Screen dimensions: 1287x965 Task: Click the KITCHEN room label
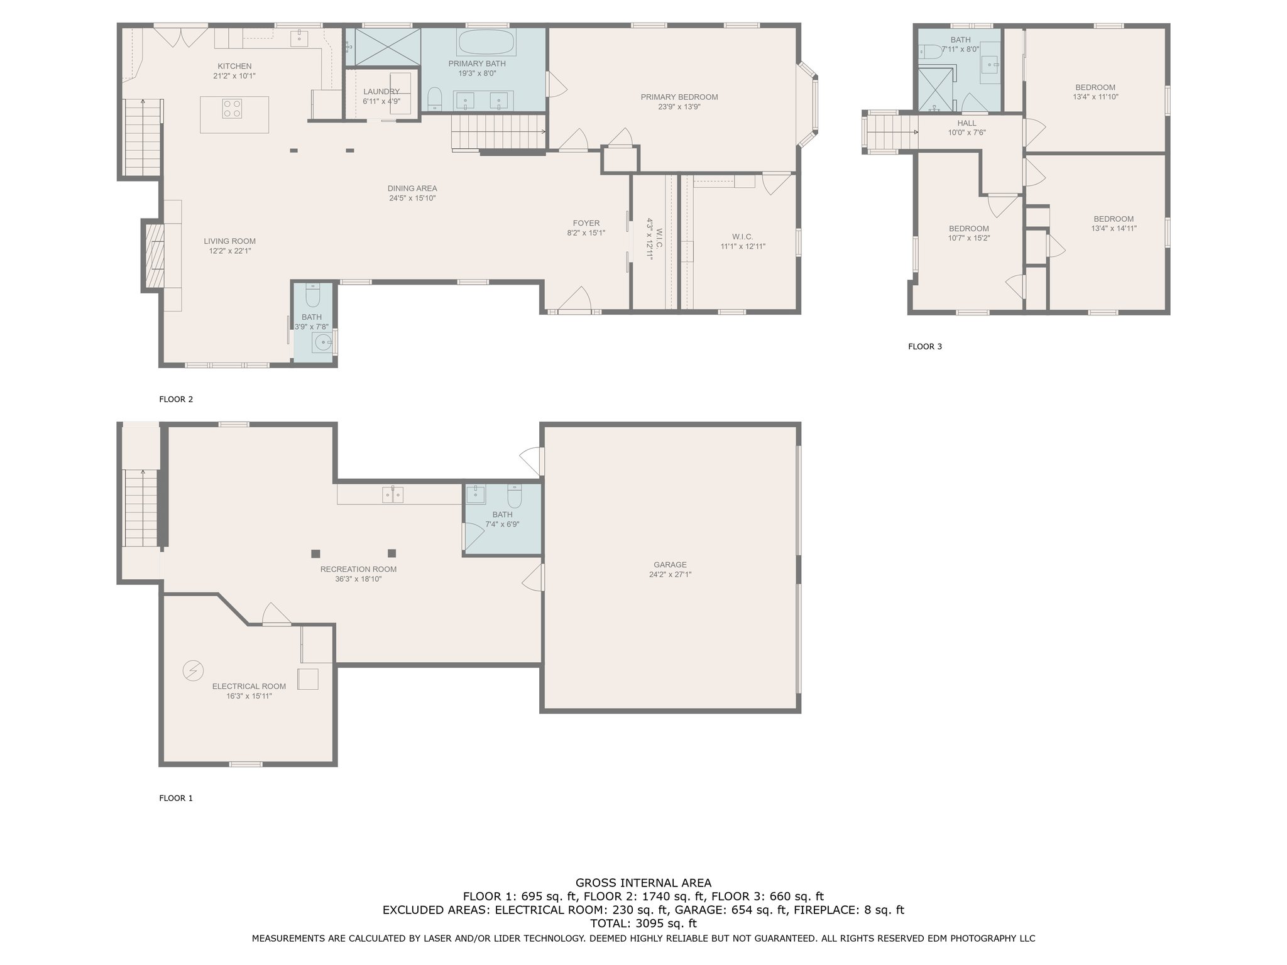[234, 66]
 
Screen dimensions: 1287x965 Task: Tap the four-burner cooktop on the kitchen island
[232, 109]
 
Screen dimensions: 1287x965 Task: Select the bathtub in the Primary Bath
[486, 42]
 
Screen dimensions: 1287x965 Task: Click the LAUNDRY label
[381, 92]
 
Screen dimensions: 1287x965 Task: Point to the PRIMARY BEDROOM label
[679, 97]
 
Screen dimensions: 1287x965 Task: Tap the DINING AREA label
[412, 188]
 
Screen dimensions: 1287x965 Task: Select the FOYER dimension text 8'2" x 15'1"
[586, 233]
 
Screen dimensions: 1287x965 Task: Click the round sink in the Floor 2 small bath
[323, 342]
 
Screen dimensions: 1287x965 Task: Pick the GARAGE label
[670, 565]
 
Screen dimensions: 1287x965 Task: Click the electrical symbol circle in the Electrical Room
[193, 670]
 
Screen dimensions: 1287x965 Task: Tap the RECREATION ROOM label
[358, 570]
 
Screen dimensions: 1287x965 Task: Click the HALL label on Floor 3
[967, 123]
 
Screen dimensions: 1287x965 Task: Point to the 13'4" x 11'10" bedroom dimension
[1095, 97]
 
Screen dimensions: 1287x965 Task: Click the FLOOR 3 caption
[925, 346]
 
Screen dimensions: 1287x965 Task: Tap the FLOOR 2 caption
[176, 399]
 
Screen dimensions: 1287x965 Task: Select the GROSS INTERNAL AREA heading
[643, 883]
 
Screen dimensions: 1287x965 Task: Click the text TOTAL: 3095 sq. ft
[643, 924]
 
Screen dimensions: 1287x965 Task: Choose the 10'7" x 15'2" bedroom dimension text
[969, 238]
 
